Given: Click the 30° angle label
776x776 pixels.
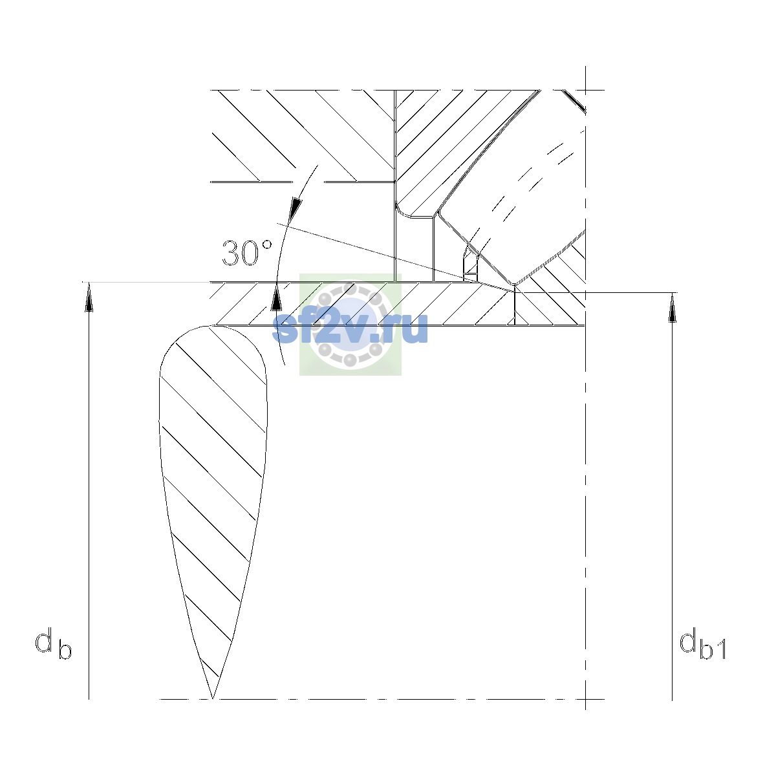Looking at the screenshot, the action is pos(246,253).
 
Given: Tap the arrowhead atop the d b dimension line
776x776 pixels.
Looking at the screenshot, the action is pos(89,297).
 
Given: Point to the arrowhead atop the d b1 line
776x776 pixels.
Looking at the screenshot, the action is pos(672,308).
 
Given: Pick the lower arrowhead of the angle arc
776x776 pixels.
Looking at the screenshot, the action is pos(276,297).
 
